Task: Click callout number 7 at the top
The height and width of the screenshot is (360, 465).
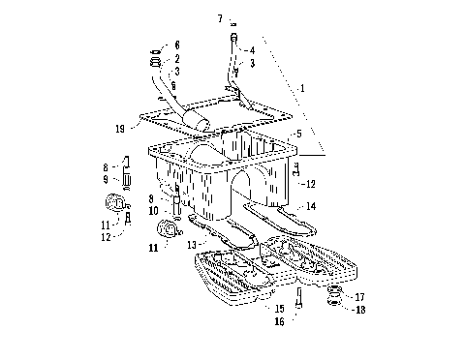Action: [x=220, y=18]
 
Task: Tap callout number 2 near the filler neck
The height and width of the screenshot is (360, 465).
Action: [x=176, y=58]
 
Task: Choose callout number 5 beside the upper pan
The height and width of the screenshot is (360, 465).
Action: [x=299, y=135]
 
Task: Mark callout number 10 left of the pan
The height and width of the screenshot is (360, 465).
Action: [x=153, y=210]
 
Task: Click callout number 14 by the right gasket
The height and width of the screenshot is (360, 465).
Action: [x=311, y=205]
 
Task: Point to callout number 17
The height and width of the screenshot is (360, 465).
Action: [x=360, y=297]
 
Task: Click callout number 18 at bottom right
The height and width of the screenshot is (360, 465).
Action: [x=360, y=310]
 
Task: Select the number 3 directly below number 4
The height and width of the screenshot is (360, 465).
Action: [x=253, y=63]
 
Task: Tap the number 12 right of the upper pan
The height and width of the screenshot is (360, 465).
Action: [x=311, y=183]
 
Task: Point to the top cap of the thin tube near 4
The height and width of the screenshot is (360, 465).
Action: [x=233, y=37]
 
